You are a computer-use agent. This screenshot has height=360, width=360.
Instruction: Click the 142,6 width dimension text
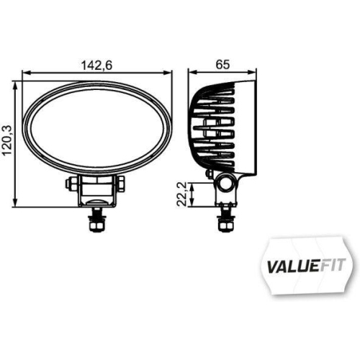click(97, 65)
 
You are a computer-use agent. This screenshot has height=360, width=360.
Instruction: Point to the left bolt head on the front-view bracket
click(70, 184)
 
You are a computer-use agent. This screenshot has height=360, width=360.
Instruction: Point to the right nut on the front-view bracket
click(122, 184)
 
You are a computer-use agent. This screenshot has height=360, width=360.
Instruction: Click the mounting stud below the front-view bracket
click(96, 220)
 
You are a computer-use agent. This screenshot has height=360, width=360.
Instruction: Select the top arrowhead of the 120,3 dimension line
click(16, 85)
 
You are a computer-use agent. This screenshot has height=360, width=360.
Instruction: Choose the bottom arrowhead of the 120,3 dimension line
click(16, 204)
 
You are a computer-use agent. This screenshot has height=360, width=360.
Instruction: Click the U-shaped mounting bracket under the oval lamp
click(96, 192)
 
